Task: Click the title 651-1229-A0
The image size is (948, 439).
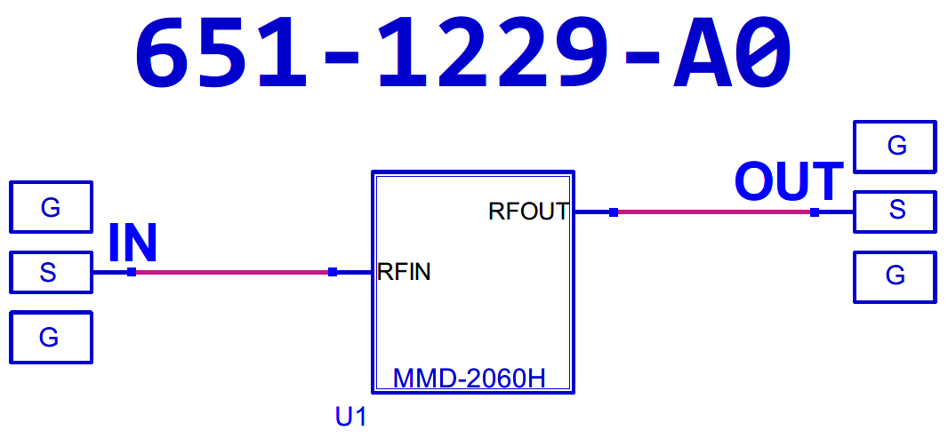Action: tap(462, 55)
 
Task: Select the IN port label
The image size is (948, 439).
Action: tap(133, 243)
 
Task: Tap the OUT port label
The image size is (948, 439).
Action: tap(789, 182)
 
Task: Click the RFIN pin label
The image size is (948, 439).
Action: tap(405, 272)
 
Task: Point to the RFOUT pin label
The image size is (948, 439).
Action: tap(528, 212)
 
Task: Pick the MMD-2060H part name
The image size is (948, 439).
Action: tap(469, 379)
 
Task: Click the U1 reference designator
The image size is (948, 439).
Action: tap(351, 417)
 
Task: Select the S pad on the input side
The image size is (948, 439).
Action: tap(51, 273)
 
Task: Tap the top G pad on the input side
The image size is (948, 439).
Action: tap(51, 208)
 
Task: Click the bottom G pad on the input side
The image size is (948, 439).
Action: tap(51, 338)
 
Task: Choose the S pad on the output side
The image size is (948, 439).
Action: tap(895, 212)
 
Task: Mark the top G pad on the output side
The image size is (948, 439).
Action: tap(895, 147)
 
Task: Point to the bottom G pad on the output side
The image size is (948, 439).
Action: tap(895, 276)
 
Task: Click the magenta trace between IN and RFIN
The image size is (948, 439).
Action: tap(231, 272)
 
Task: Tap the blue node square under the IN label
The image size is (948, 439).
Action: tap(132, 272)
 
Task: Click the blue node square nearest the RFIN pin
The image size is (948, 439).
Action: tap(333, 272)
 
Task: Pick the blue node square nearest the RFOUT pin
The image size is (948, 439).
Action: tap(614, 212)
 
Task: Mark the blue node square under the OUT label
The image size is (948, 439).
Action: tap(815, 212)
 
